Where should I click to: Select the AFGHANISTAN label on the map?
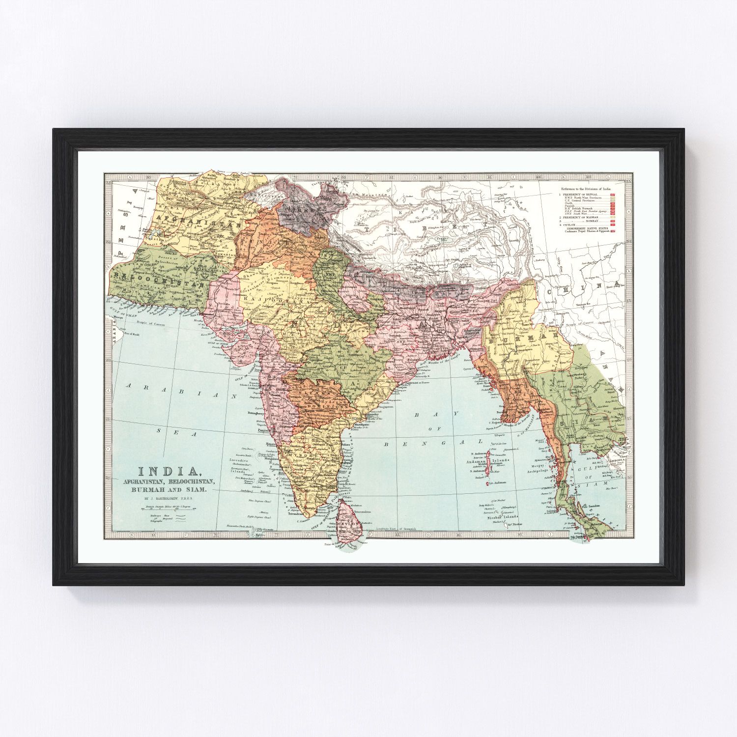coord(197,216)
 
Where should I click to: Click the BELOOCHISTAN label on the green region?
coord(162,279)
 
